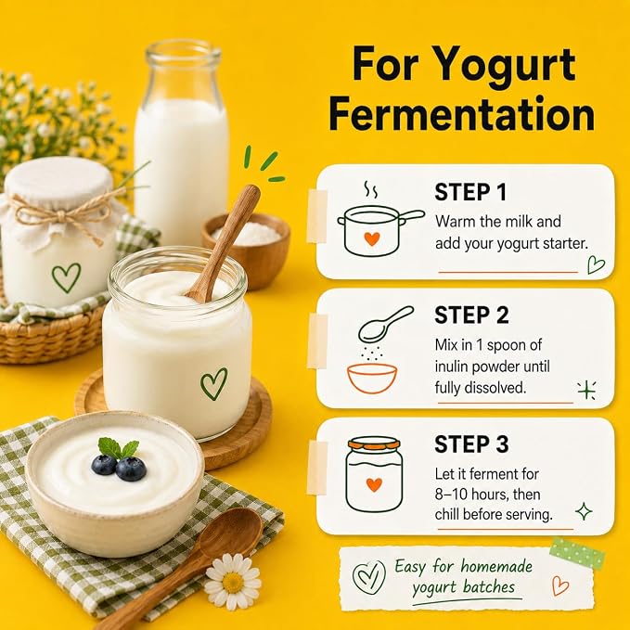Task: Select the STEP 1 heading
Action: point(470,192)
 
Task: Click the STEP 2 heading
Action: point(471,315)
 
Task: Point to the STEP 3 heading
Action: point(471,444)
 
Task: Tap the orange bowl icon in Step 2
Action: point(372,378)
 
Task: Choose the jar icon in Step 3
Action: point(374,475)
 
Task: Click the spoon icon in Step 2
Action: point(385,325)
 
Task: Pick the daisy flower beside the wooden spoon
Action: point(233,582)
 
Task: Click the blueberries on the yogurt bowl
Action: point(119,468)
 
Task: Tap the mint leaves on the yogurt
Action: point(118,448)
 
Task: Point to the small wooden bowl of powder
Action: point(246,249)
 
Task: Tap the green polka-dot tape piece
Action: point(577,553)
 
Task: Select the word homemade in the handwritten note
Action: point(496,566)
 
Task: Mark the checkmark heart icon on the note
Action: point(368,577)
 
